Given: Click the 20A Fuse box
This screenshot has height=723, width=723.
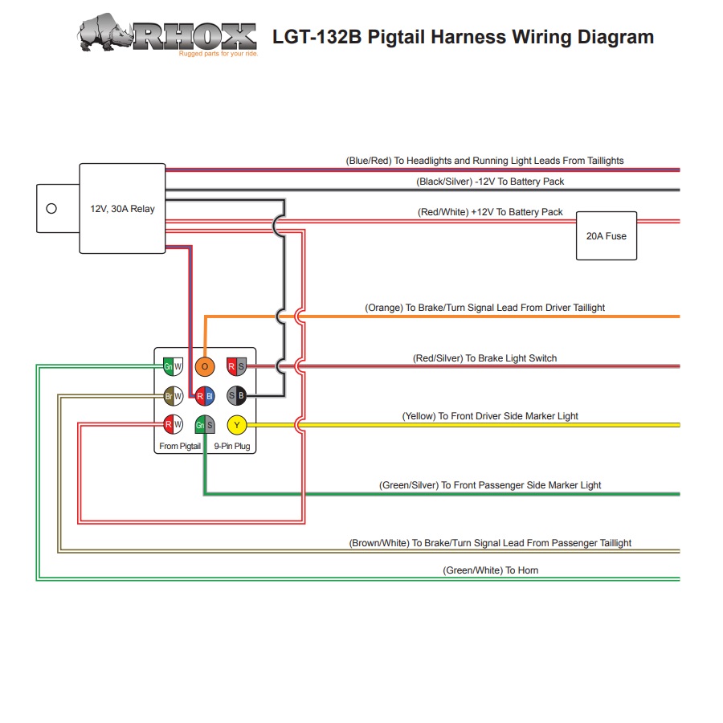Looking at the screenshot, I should coord(607,236).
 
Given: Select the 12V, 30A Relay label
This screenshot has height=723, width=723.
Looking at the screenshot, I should coord(122,209).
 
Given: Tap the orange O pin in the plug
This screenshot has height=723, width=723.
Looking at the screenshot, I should coord(205,367).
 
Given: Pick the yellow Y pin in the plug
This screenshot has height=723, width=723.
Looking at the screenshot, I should coord(237,425).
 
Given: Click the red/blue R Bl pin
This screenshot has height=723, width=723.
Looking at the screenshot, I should coord(205,396).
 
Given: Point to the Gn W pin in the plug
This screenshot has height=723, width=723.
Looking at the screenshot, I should coord(174,367).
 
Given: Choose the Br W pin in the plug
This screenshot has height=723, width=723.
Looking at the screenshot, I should coord(174,396).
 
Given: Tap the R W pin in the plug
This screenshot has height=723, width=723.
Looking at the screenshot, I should coord(174,425).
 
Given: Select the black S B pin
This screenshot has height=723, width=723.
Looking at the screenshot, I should coord(237,396).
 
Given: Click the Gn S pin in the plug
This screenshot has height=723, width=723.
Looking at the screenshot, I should coord(205,425).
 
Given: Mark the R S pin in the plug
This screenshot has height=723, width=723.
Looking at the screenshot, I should coord(237,367).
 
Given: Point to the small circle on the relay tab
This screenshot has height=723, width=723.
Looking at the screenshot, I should coord(52,209).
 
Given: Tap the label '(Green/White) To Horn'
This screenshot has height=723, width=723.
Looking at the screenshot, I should coord(490,570).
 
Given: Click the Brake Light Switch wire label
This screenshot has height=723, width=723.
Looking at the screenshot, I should coord(484,358).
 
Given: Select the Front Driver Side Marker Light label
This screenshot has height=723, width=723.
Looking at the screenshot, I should coord(490,416).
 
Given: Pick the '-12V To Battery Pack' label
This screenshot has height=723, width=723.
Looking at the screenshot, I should coord(490,182).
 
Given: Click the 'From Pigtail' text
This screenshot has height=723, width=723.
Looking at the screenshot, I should coord(180,446).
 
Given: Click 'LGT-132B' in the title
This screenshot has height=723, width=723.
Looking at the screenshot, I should coord(317,37).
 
